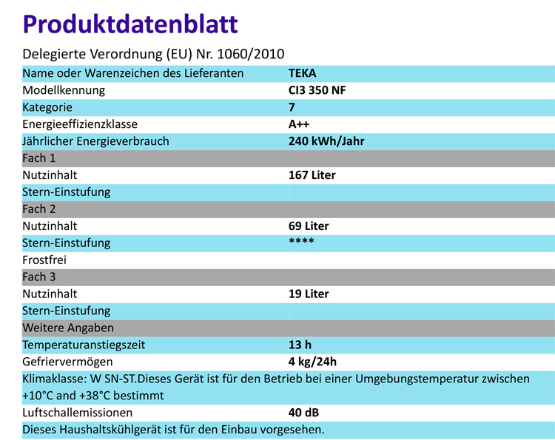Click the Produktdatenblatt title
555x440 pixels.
pyautogui.click(x=130, y=24)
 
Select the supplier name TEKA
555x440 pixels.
pyautogui.click(x=303, y=73)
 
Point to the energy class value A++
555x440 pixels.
pyautogui.click(x=299, y=124)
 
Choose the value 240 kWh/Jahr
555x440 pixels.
pyautogui.click(x=326, y=141)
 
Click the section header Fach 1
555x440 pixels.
pyautogui.click(x=39, y=158)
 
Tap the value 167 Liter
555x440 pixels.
pyautogui.click(x=312, y=175)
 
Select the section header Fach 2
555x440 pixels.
pyautogui.click(x=39, y=209)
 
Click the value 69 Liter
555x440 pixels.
pyautogui.click(x=309, y=226)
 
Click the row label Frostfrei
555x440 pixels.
pyautogui.click(x=45, y=260)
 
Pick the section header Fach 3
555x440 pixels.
pyautogui.click(x=39, y=277)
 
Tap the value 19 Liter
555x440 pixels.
pyautogui.click(x=309, y=294)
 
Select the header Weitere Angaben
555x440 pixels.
pyautogui.click(x=67, y=328)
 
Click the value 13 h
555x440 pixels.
pyautogui.click(x=299, y=345)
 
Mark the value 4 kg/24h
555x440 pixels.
pyautogui.click(x=312, y=362)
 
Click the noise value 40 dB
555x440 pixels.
pyautogui.click(x=304, y=413)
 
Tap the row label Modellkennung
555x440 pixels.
pyautogui.click(x=64, y=90)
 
